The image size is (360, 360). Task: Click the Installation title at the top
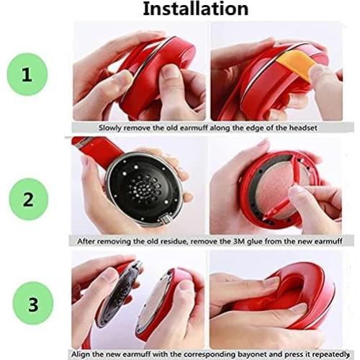coord(195,9)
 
